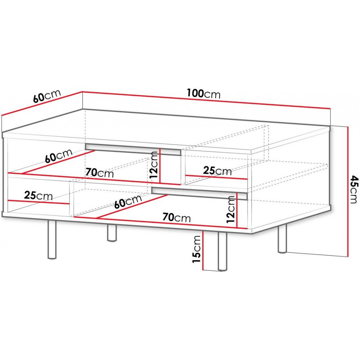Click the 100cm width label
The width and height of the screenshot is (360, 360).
coord(203,94)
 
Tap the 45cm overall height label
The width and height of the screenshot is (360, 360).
coord(354,189)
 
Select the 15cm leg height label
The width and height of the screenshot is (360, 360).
coord(197,249)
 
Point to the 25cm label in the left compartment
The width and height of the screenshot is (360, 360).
coord(39,195)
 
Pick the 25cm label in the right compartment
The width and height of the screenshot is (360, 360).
coord(217,171)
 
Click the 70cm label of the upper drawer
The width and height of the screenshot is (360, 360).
coord(100,173)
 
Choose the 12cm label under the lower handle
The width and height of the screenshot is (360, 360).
coord(231,210)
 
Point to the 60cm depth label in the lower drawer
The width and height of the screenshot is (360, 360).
coord(128,202)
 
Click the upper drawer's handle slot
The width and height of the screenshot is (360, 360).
coord(133,149)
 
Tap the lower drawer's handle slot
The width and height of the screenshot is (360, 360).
coord(199,193)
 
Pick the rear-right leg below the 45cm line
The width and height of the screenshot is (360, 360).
coord(282,239)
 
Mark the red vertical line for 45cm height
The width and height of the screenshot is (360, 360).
coord(348,192)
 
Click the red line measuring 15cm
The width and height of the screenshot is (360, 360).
coord(203,250)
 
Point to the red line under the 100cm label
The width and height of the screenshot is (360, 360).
coord(206,100)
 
